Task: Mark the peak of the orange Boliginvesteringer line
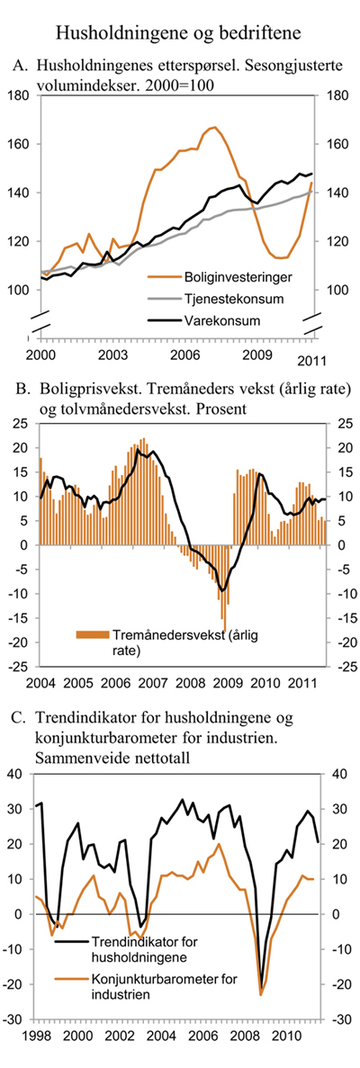[x=212, y=128]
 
